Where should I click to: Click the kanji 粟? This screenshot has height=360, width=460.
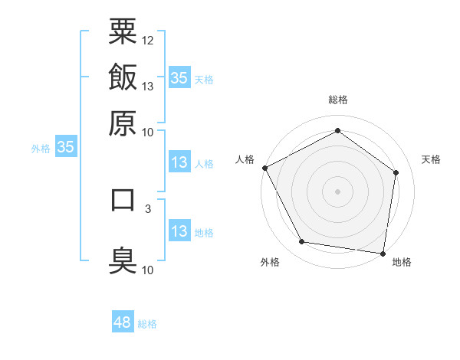click(x=123, y=31)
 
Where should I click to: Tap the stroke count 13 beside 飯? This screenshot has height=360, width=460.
click(x=148, y=86)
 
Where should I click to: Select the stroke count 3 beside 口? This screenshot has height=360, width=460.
click(x=148, y=208)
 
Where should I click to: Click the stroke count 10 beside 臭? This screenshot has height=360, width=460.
click(x=148, y=270)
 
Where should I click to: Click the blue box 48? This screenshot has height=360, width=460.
click(x=123, y=322)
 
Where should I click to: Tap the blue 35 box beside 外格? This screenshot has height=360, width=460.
click(x=65, y=148)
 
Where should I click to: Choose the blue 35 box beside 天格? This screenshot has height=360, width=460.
click(x=179, y=78)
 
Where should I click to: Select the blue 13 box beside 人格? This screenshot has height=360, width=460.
click(x=179, y=162)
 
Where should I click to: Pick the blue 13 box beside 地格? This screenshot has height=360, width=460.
click(x=179, y=231)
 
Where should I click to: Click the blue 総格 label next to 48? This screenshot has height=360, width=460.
click(x=147, y=324)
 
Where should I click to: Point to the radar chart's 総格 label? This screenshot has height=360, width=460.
click(x=337, y=100)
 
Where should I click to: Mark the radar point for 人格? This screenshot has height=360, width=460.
click(x=264, y=167)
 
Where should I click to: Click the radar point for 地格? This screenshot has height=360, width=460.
click(x=383, y=253)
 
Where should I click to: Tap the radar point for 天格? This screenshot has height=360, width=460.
click(x=396, y=172)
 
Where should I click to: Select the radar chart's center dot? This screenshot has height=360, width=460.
click(x=337, y=191)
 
